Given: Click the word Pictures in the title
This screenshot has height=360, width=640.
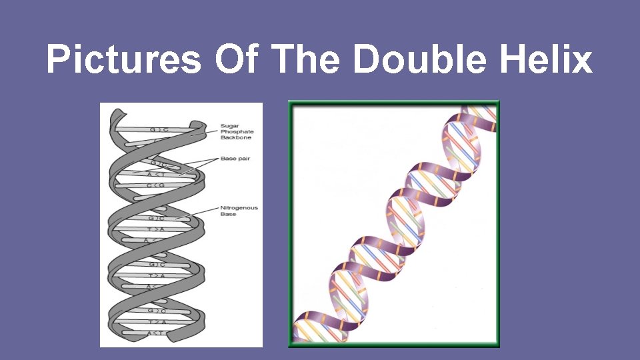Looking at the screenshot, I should [x=123, y=59].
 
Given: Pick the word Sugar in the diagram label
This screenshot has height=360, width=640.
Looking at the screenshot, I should [x=230, y=125].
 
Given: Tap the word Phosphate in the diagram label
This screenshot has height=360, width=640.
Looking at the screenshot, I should [x=237, y=131].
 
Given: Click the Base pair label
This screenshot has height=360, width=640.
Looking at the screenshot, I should [x=235, y=159].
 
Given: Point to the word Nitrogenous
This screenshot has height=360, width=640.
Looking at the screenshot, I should [x=239, y=208].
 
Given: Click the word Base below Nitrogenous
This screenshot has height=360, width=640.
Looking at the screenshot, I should [x=228, y=214].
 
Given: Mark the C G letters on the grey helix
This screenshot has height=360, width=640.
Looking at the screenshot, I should [x=155, y=185].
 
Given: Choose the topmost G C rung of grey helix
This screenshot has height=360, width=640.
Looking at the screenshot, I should [x=158, y=129].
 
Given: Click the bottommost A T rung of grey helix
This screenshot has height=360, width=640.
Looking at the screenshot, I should [x=157, y=332].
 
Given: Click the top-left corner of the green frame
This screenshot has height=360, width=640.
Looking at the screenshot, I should [x=290, y=102].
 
